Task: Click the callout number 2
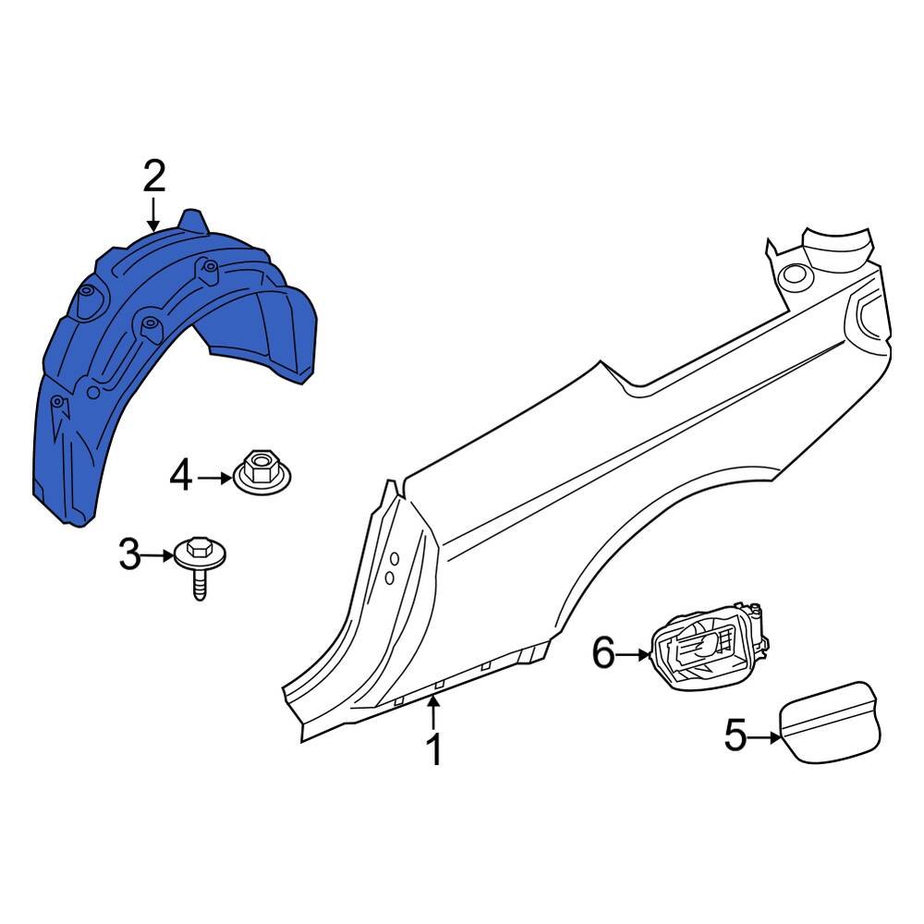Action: (x=153, y=176)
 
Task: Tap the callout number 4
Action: (x=181, y=478)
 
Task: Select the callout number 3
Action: (x=130, y=555)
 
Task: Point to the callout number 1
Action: (x=433, y=749)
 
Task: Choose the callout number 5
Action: (x=736, y=737)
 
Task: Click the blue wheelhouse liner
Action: (x=139, y=370)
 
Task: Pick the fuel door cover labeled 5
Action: (x=830, y=721)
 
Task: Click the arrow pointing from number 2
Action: (x=153, y=214)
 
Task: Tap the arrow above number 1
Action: (x=433, y=714)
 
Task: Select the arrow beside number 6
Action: (x=635, y=655)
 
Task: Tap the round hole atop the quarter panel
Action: (x=794, y=274)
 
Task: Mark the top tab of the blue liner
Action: (x=193, y=222)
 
